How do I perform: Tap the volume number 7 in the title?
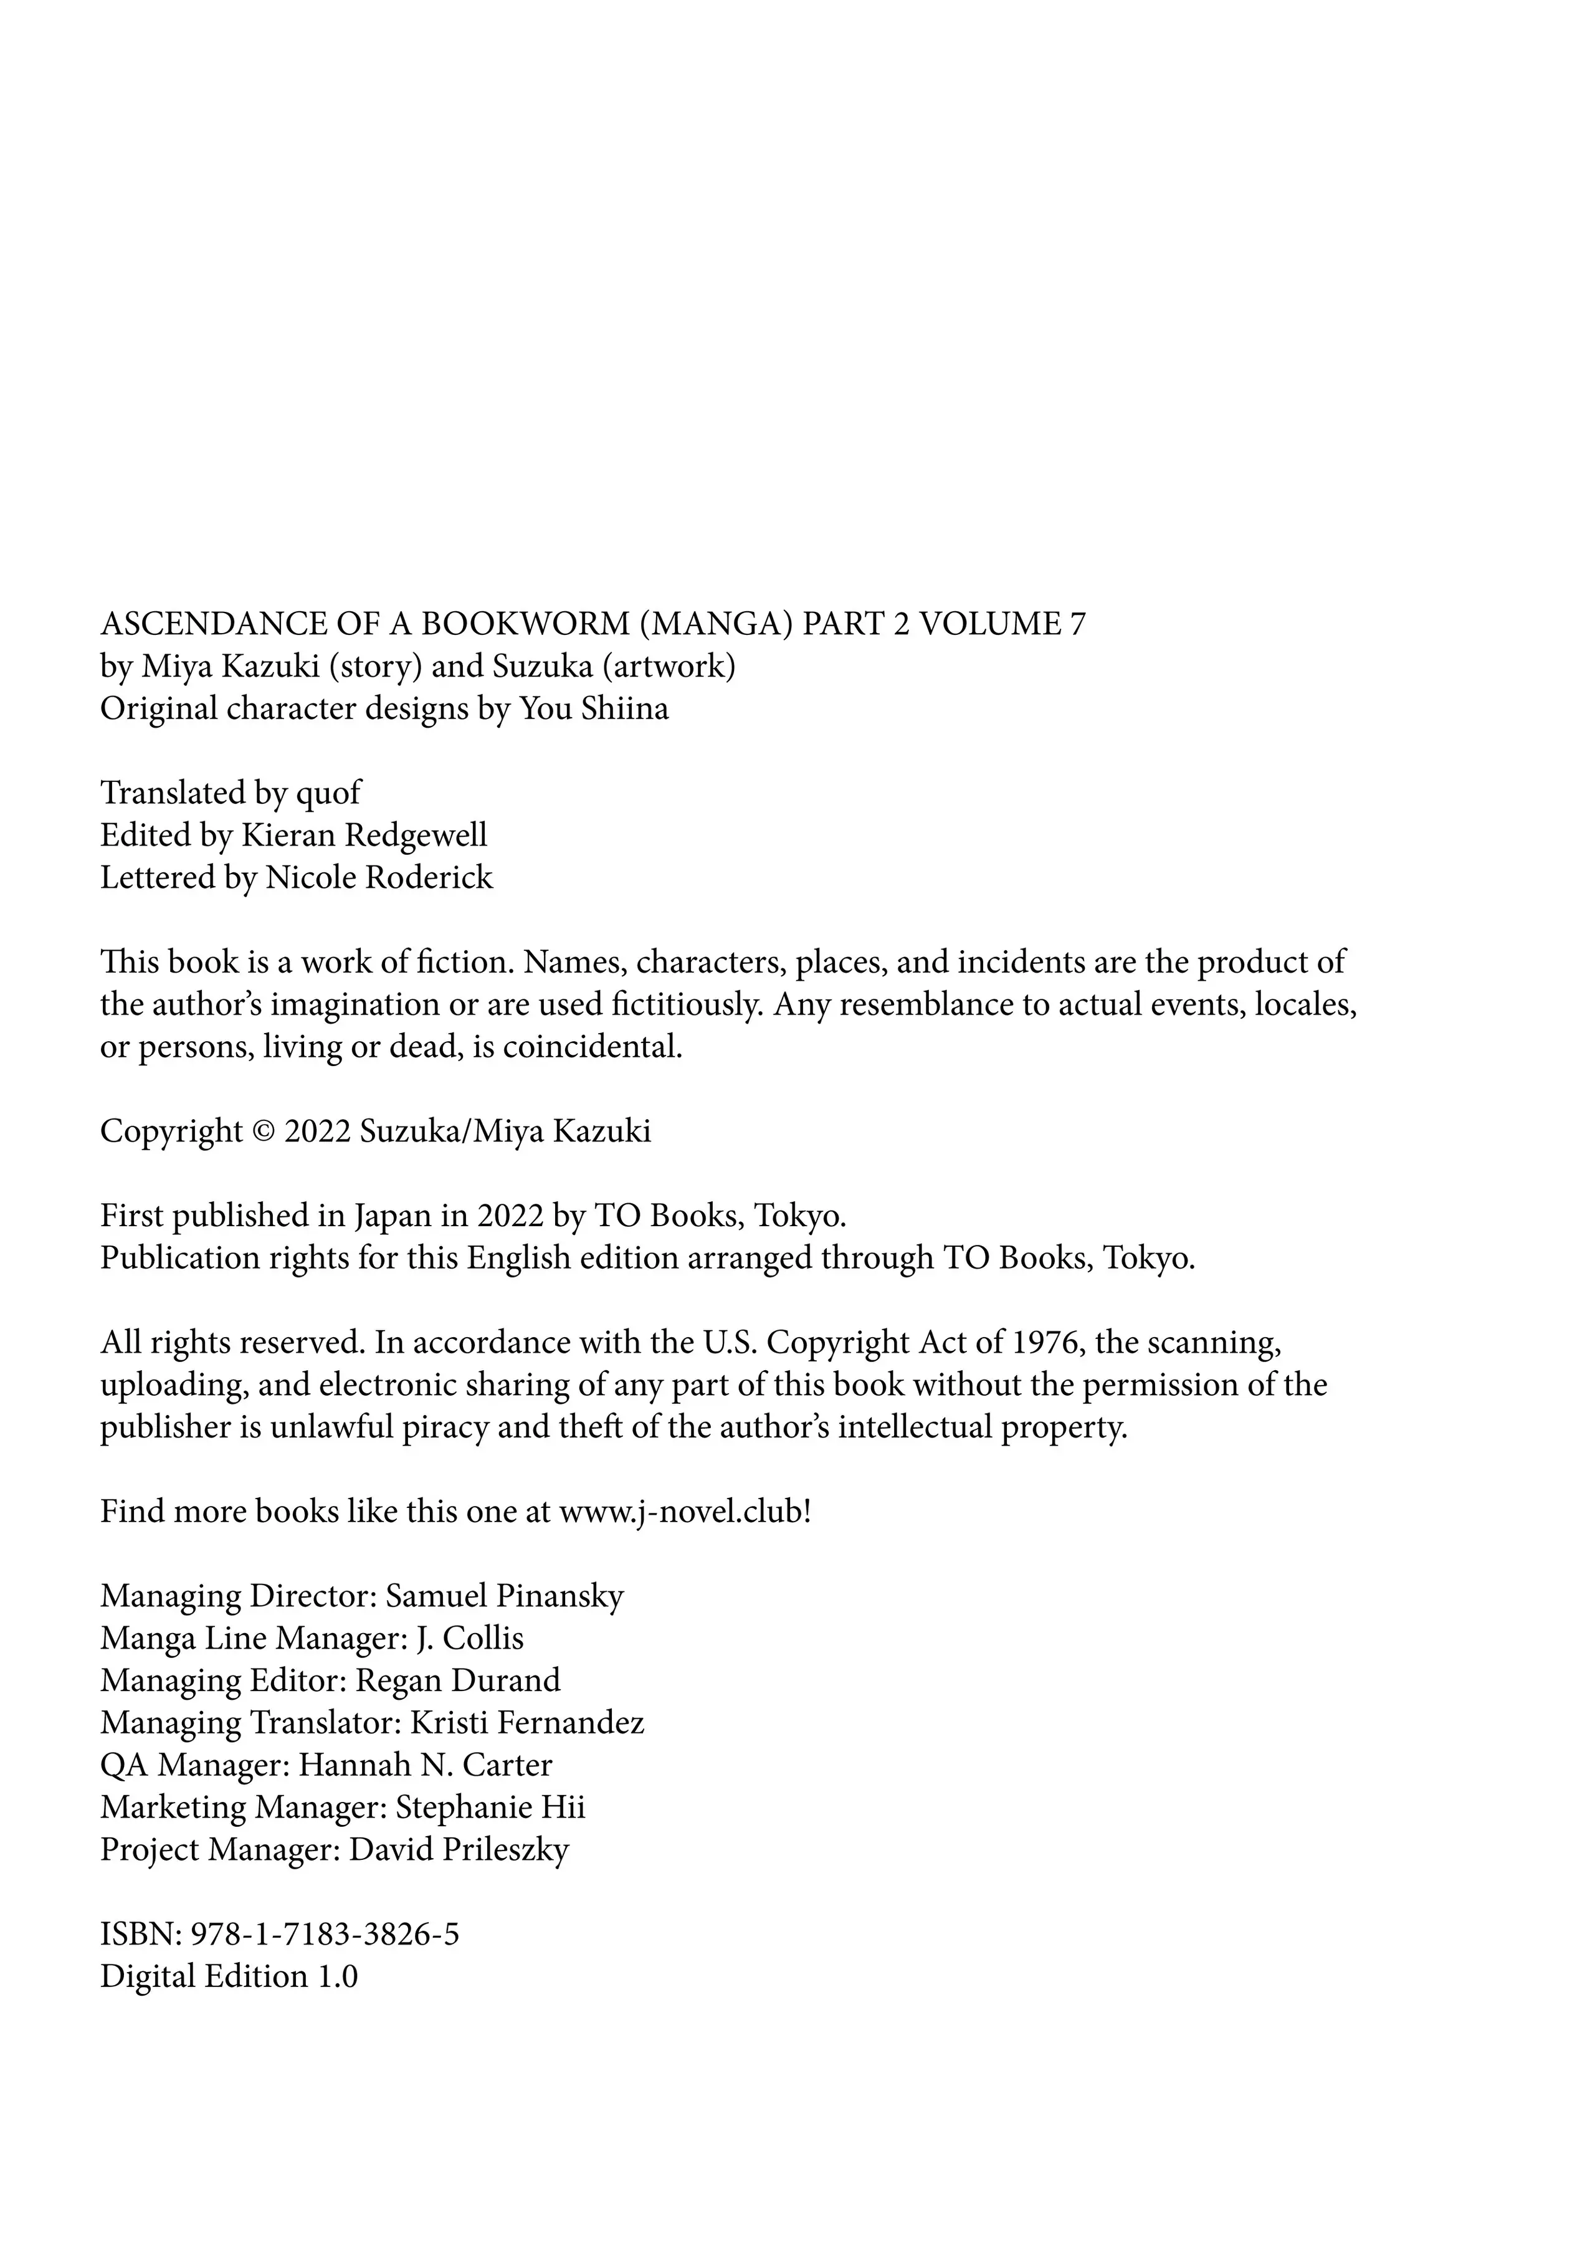(x=1077, y=624)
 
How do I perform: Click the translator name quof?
(x=329, y=793)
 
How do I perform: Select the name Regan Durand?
(x=459, y=1681)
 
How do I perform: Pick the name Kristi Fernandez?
(x=526, y=1723)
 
